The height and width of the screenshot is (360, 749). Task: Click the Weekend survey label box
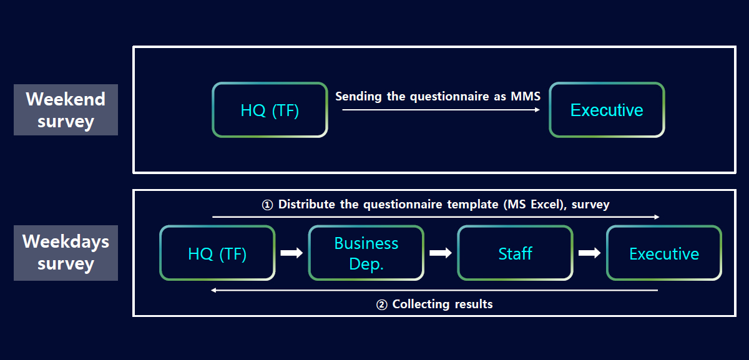(x=66, y=110)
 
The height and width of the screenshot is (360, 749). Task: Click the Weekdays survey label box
(x=66, y=253)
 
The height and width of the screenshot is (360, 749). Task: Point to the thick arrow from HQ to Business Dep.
(x=291, y=253)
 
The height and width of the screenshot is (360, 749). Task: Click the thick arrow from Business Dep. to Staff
(x=441, y=253)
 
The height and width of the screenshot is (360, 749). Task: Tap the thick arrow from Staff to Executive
(x=589, y=253)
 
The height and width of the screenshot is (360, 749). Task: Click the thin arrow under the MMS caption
(x=441, y=110)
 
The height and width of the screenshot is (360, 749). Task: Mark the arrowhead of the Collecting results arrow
(x=213, y=290)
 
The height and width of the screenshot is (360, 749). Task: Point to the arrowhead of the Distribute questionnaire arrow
(x=657, y=217)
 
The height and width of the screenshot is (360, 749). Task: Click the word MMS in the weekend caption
(x=526, y=96)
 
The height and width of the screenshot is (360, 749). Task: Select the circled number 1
(x=267, y=205)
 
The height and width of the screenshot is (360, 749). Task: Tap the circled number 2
(x=382, y=304)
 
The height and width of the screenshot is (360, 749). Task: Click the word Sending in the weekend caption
(x=358, y=97)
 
